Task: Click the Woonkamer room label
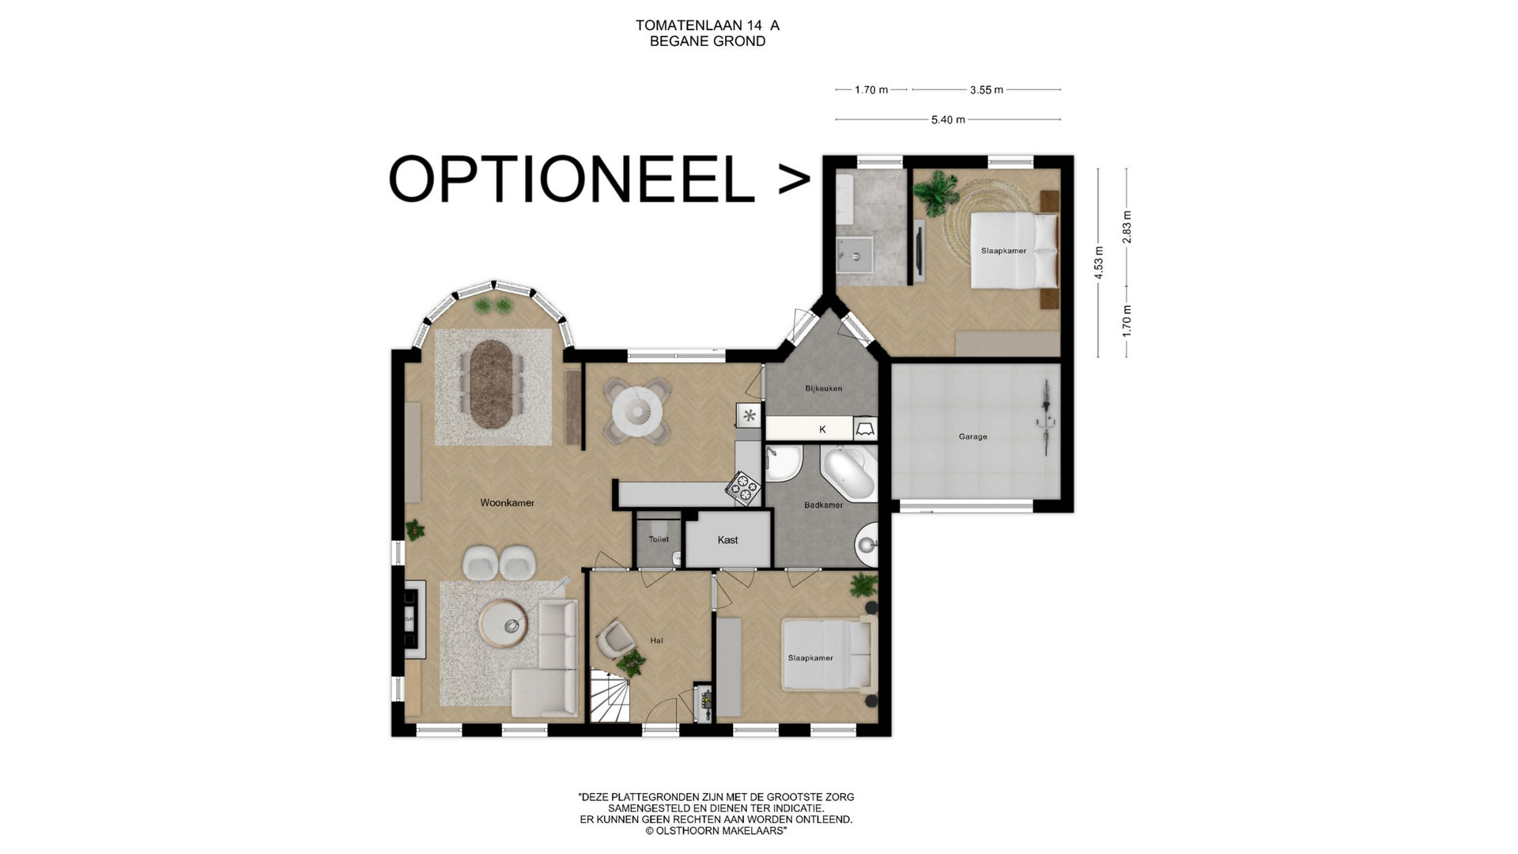click(x=507, y=503)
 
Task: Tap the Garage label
click(x=972, y=436)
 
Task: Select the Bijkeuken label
click(x=823, y=388)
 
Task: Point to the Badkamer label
click(x=823, y=504)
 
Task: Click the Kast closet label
click(x=727, y=540)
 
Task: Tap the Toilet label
click(x=659, y=539)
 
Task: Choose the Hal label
click(x=656, y=640)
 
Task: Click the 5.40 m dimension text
click(x=948, y=120)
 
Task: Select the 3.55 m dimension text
click(x=986, y=90)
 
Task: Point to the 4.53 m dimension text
click(x=1098, y=263)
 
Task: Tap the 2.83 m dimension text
click(x=1127, y=227)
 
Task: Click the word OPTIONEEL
click(x=571, y=179)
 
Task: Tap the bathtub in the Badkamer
click(x=848, y=473)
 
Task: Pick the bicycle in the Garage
click(x=1047, y=416)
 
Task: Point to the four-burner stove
click(x=743, y=488)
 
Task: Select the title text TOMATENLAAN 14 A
click(x=708, y=25)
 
